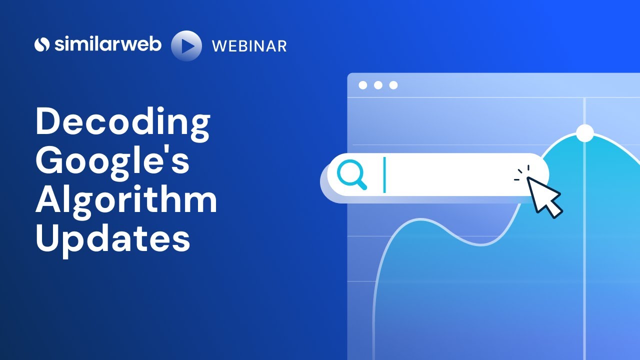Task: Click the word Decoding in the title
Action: (122, 123)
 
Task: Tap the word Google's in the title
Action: (112, 161)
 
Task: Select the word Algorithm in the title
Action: (126, 199)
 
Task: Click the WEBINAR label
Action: (249, 46)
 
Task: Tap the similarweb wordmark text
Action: (107, 44)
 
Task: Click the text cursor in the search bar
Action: (384, 175)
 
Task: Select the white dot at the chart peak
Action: (584, 133)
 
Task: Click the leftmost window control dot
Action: (363, 85)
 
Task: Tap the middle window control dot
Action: (378, 85)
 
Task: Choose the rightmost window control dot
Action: (393, 85)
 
